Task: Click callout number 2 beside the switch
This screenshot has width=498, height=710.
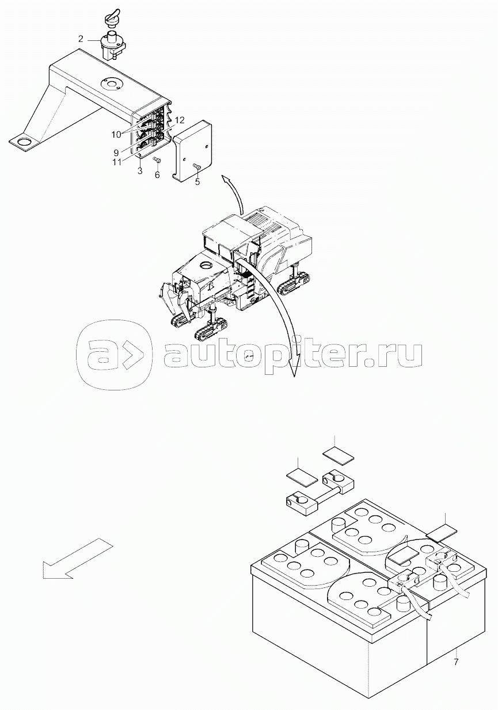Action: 81,39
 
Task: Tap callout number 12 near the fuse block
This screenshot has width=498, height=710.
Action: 180,120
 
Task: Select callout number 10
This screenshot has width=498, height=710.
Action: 116,134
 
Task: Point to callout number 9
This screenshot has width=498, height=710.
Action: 116,153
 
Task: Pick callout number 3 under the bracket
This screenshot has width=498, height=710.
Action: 140,171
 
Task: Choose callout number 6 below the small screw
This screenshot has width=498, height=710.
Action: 157,174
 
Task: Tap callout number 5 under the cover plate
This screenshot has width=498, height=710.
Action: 197,182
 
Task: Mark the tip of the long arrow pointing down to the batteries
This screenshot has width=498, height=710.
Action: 294,377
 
